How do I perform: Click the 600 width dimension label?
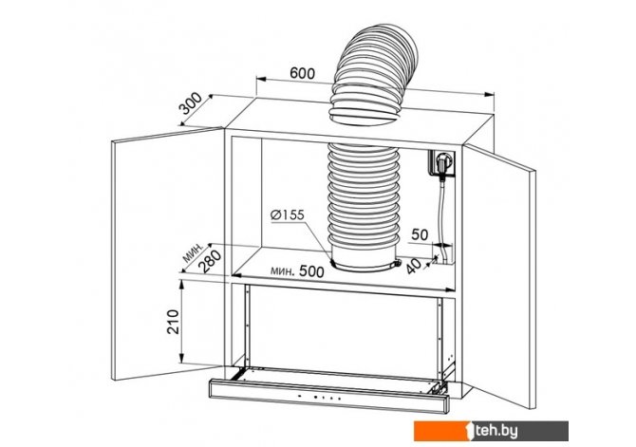point(302,73)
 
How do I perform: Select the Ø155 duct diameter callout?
point(288,214)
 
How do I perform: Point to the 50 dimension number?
point(420,234)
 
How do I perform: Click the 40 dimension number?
point(413,266)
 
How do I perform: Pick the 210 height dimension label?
point(173,322)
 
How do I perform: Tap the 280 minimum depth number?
point(212,262)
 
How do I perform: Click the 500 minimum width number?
point(311,271)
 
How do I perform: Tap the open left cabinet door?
point(167,254)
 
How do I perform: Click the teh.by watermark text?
point(496,431)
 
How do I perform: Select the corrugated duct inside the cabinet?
point(364,194)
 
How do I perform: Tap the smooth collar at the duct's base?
point(365,256)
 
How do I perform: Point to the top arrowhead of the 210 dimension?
point(182,284)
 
